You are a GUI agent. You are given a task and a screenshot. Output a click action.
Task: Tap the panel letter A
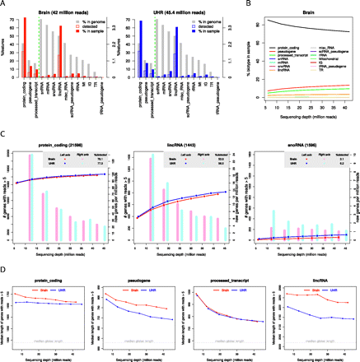click(4, 4)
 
